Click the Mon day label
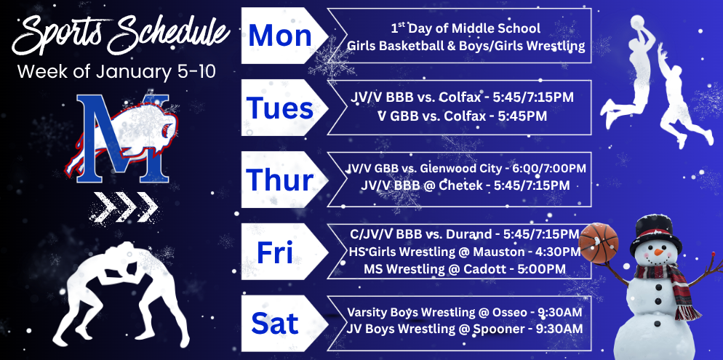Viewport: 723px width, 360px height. (280, 36)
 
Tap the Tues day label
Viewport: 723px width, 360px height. (280, 108)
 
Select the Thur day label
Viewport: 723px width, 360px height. (280, 179)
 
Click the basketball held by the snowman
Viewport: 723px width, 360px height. (598, 239)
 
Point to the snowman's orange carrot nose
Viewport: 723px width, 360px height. (659, 252)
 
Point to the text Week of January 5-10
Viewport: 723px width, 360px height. (116, 72)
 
